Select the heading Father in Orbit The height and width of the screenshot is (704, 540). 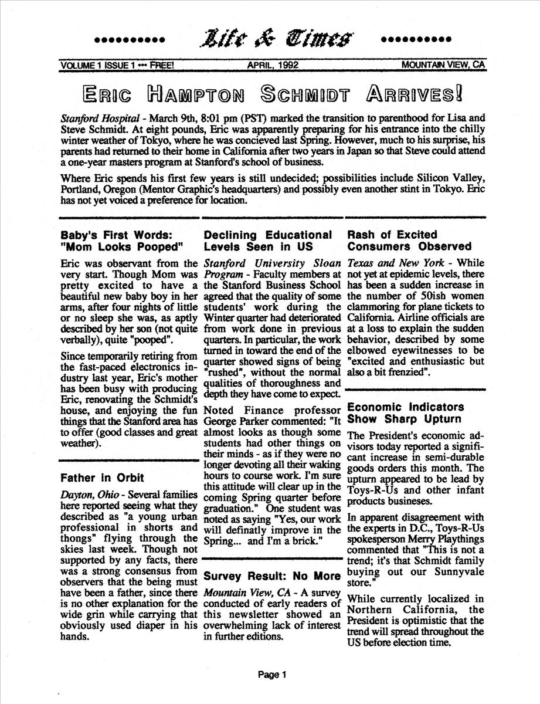pos(103,478)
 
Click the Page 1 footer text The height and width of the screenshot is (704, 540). pos(271,675)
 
